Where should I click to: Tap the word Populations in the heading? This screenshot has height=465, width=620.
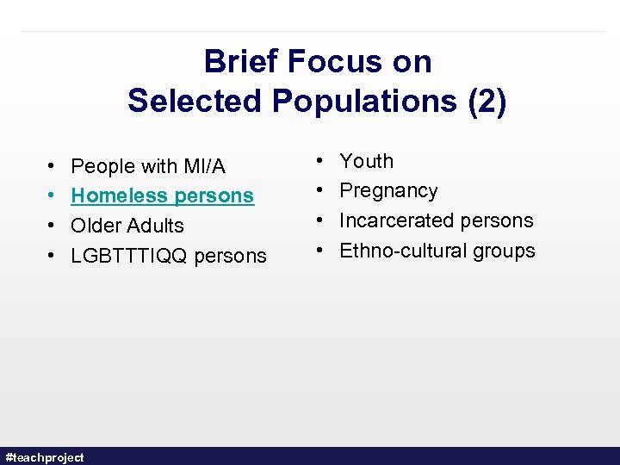(366, 101)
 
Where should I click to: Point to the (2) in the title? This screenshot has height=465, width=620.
(487, 101)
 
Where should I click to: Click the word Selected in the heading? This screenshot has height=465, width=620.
(195, 101)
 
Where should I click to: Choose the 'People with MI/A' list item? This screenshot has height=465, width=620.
(148, 166)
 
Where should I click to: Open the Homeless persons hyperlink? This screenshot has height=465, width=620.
(162, 195)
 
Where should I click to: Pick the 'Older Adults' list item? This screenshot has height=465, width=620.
(127, 226)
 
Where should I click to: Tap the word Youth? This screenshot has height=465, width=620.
(366, 161)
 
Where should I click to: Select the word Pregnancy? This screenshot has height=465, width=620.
(388, 190)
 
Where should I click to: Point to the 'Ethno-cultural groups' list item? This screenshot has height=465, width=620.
(437, 251)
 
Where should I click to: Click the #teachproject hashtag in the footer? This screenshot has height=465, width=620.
(45, 457)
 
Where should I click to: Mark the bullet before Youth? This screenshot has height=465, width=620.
(321, 161)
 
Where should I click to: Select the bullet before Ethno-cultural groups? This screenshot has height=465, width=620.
(321, 251)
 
